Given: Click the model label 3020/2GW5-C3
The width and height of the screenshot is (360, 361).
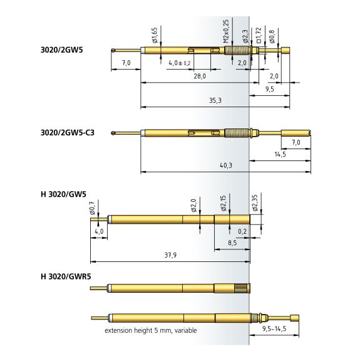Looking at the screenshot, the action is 68,133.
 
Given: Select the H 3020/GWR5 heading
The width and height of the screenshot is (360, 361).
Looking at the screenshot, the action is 66,276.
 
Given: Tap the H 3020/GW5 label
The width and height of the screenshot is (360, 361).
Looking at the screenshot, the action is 63,194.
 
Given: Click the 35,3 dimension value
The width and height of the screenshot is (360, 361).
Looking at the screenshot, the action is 215,100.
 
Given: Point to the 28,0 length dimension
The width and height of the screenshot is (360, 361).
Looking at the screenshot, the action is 200,76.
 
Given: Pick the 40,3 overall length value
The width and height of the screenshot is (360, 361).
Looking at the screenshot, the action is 226,165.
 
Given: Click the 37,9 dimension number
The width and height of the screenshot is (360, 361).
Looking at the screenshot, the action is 170,255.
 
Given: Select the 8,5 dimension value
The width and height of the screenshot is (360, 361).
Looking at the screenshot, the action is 232,243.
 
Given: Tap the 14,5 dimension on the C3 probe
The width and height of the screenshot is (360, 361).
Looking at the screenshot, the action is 280,154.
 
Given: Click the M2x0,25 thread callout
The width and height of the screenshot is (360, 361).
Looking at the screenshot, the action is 227,31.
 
